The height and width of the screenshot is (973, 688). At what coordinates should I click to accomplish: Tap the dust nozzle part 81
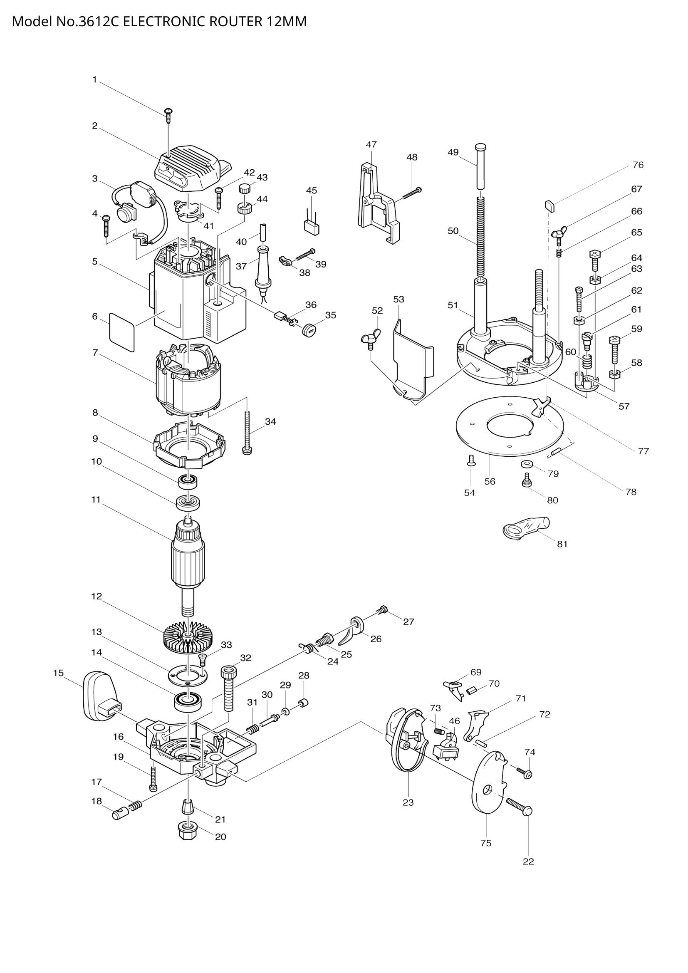[x=525, y=528]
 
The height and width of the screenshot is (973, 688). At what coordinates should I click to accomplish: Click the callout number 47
[x=371, y=144]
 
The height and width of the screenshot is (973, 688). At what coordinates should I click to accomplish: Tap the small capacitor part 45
[x=312, y=226]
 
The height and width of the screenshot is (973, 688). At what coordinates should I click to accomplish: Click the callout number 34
[x=270, y=421]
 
